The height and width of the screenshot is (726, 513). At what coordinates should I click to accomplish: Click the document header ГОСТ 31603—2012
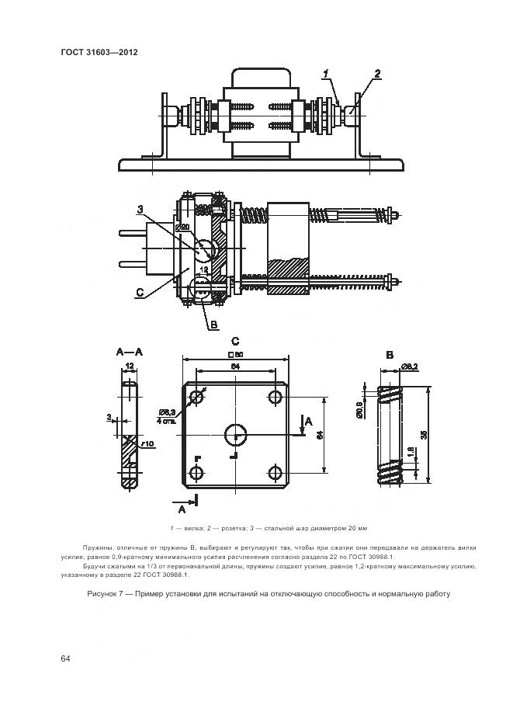[x=99, y=53]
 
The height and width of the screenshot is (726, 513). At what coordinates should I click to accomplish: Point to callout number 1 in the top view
[x=328, y=73]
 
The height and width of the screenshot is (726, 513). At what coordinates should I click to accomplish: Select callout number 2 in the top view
[x=377, y=74]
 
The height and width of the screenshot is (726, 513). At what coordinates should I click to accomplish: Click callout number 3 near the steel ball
[x=140, y=209]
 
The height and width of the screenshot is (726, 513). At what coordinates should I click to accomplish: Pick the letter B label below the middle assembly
[x=213, y=325]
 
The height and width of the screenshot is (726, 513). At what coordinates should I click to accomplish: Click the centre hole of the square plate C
[x=234, y=434]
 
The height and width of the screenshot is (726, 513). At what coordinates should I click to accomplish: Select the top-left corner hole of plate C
[x=196, y=397]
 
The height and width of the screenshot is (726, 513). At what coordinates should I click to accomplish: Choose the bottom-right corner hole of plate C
[x=275, y=473]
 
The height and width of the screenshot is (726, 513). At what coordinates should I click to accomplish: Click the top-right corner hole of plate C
[x=275, y=397]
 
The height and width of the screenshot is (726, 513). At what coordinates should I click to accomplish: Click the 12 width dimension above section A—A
[x=130, y=365]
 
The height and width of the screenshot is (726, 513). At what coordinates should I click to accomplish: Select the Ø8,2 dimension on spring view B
[x=411, y=366]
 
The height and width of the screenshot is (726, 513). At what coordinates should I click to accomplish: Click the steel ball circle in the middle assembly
[x=206, y=248]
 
